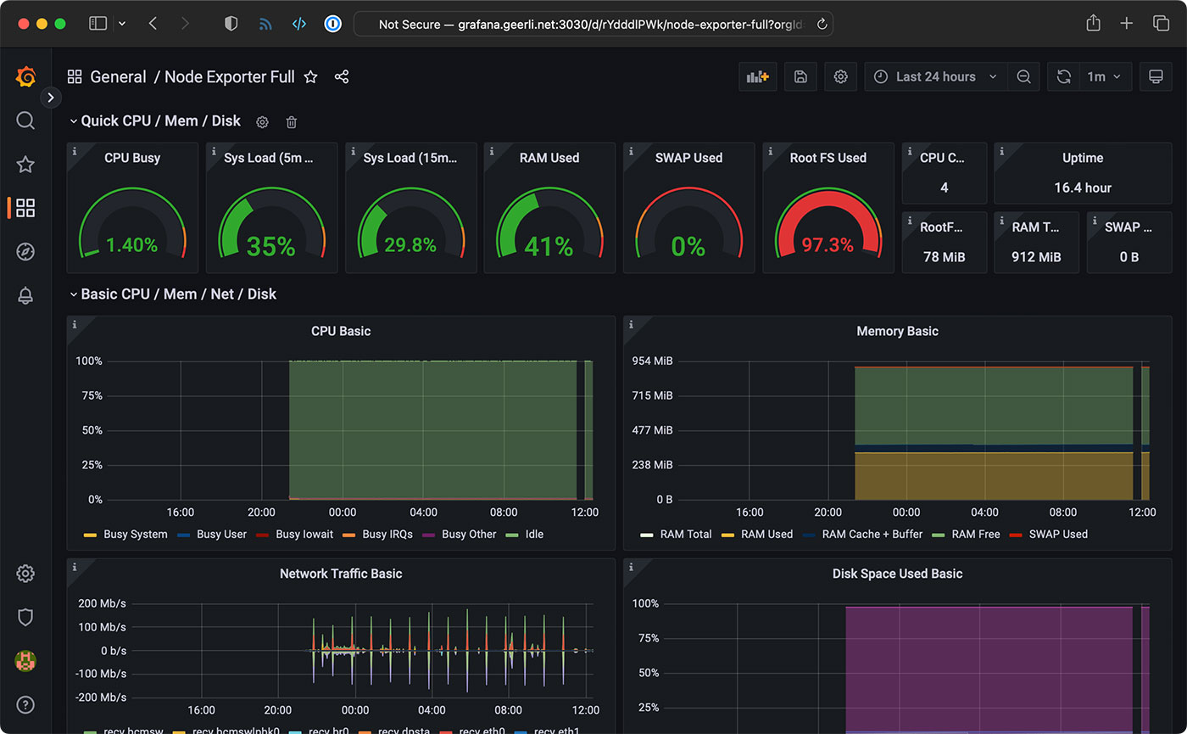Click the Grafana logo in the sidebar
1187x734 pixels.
[25, 77]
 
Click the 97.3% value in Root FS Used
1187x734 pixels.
[828, 245]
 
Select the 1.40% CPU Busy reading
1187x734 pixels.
[131, 245]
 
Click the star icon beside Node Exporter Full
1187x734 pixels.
[311, 77]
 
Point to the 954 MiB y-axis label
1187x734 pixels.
[652, 361]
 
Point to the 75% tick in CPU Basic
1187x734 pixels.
[89, 396]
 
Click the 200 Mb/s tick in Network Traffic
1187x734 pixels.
[102, 604]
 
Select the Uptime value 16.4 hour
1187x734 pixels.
[1083, 188]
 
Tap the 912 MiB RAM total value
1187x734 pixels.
[1036, 257]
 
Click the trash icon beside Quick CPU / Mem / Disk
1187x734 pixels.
[292, 122]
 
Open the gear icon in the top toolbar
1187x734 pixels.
[840, 77]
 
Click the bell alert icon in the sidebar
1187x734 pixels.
[25, 295]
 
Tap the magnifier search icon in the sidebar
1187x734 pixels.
[25, 120]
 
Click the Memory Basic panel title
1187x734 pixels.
[897, 332]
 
